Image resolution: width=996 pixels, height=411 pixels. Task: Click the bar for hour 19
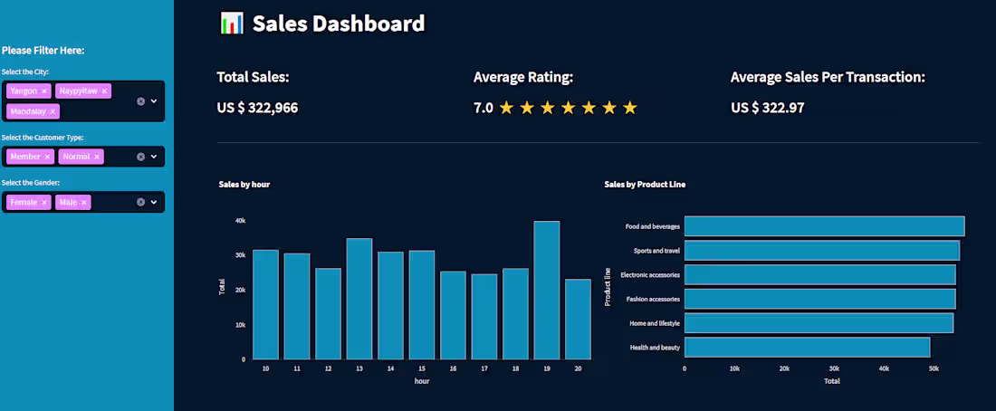(x=546, y=290)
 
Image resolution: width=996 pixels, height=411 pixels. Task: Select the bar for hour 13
(x=359, y=299)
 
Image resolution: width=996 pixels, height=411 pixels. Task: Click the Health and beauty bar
(x=807, y=347)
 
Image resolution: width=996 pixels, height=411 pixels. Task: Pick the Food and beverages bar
(x=824, y=226)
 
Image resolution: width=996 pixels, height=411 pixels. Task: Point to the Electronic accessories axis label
(x=649, y=274)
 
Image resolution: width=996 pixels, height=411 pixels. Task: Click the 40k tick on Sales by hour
(x=240, y=220)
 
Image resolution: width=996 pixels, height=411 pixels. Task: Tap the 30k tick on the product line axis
(x=834, y=368)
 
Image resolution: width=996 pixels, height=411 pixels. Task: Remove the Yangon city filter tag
(x=44, y=91)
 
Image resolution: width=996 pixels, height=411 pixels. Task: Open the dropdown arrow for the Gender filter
(x=154, y=202)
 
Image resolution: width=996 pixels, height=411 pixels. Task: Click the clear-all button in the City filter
(x=140, y=101)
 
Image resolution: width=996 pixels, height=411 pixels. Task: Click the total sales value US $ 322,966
(x=257, y=108)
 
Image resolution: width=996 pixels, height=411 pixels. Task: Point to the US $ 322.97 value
(x=768, y=108)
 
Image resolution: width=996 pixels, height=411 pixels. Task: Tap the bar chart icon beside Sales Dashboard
(x=232, y=24)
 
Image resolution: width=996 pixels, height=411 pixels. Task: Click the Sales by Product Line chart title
(x=645, y=185)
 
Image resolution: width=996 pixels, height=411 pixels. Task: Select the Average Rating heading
(x=523, y=77)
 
